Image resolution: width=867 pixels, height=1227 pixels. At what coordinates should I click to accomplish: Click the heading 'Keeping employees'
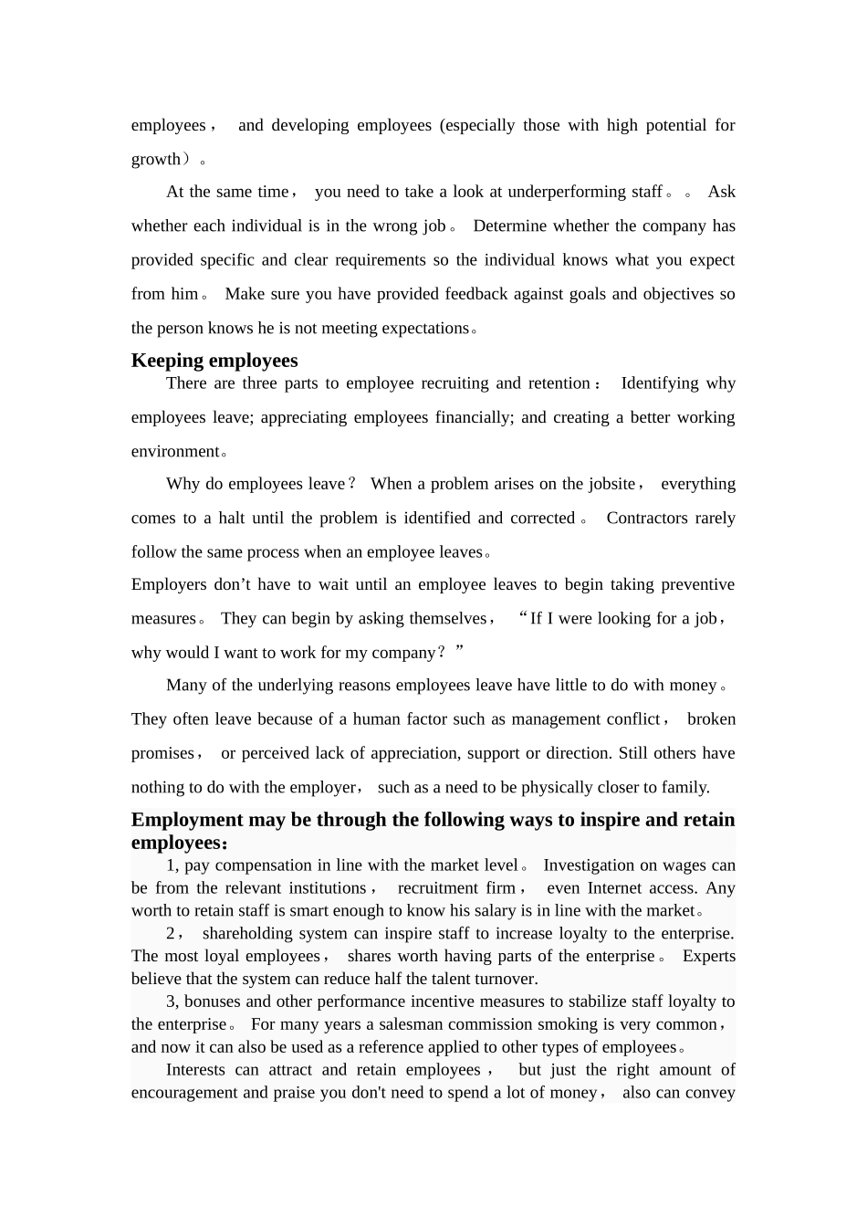pyautogui.click(x=214, y=361)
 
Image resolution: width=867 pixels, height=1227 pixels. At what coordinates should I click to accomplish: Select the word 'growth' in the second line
pyautogui.click(x=156, y=159)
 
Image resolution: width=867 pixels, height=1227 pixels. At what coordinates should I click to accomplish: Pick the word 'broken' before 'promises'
pyautogui.click(x=711, y=719)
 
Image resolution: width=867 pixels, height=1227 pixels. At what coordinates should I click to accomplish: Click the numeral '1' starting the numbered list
pyautogui.click(x=171, y=865)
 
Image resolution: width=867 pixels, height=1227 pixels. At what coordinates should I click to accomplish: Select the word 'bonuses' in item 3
pyautogui.click(x=213, y=1002)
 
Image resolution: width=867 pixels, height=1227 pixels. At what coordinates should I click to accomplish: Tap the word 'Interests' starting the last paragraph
pyautogui.click(x=200, y=1070)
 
